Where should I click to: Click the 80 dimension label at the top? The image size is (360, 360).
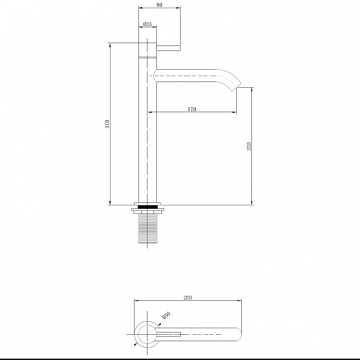point(159,4)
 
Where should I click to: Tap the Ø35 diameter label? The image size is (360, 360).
point(148,24)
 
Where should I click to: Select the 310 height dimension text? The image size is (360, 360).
point(107,124)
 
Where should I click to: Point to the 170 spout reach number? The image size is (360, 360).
point(192,109)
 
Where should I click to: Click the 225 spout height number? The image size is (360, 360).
point(248,145)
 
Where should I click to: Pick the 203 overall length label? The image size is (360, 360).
point(188,297)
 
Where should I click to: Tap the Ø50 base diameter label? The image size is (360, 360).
point(166,315)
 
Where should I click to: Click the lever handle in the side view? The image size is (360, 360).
point(168,48)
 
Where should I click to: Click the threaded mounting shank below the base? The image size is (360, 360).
point(148,228)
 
